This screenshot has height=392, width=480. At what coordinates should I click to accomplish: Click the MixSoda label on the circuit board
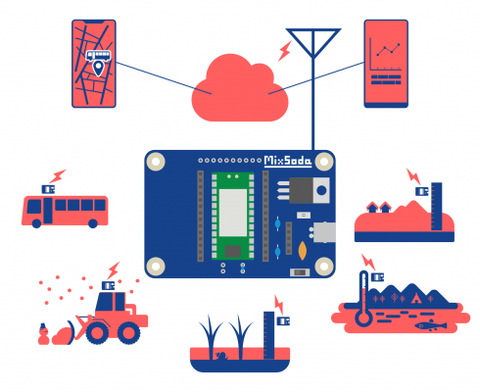(288, 161)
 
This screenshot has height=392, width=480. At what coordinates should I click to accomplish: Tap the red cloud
(240, 89)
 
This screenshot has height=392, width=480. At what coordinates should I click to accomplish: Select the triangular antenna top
(313, 42)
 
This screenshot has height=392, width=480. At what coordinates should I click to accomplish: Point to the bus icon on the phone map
(98, 55)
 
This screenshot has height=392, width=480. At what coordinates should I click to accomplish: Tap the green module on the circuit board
(232, 216)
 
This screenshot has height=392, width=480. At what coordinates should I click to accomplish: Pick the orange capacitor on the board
(303, 251)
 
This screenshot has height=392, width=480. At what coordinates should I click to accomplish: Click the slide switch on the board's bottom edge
(300, 272)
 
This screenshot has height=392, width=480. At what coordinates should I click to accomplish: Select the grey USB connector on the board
(324, 232)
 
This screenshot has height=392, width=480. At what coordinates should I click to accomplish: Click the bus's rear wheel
(93, 223)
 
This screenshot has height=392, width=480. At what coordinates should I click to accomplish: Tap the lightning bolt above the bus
(58, 176)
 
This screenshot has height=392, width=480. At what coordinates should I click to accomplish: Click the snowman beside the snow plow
(43, 334)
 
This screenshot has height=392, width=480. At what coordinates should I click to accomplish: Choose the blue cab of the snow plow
(111, 302)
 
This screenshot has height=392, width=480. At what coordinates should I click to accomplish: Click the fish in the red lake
(430, 325)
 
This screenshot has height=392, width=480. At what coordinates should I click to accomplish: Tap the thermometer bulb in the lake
(363, 318)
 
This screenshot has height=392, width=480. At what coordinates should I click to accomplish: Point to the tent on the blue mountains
(416, 298)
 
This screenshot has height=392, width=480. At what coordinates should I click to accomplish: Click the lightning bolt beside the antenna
(285, 51)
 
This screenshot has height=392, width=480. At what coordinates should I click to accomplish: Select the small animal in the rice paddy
(222, 356)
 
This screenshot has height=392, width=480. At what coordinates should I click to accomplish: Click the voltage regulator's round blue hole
(321, 190)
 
